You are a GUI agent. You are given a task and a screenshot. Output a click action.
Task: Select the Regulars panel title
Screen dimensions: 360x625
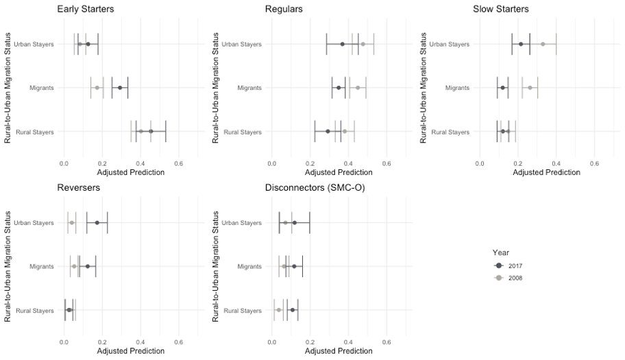click(284, 9)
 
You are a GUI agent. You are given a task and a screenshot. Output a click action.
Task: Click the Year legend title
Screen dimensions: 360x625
click(501, 252)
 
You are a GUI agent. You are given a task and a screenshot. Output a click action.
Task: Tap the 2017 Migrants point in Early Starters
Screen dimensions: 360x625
click(119, 88)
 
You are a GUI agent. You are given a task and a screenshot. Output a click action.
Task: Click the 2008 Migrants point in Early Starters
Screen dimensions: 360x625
click(97, 88)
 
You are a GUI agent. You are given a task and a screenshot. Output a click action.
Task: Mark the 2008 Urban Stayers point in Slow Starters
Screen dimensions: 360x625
click(543, 44)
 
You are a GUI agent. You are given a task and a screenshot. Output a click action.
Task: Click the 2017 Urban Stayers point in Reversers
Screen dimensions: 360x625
click(97, 223)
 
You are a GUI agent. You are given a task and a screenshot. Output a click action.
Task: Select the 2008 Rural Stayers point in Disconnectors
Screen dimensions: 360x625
click(278, 310)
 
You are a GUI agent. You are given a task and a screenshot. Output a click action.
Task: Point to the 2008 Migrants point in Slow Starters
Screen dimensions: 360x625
click(530, 88)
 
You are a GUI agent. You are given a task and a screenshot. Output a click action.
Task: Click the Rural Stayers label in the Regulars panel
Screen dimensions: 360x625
click(243, 132)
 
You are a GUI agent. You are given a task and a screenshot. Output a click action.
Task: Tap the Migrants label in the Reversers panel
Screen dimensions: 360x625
click(42, 267)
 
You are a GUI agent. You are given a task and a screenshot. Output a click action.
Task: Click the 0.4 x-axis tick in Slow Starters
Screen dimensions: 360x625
click(556, 163)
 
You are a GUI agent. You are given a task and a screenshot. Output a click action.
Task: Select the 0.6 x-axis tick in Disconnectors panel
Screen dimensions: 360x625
click(387, 341)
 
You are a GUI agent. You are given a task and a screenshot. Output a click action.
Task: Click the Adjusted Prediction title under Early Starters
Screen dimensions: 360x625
click(131, 172)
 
